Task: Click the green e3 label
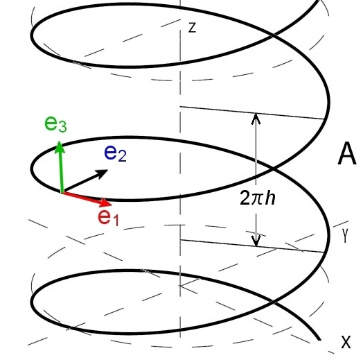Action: tap(55, 124)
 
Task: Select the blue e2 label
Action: tap(116, 153)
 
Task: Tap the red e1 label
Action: tap(108, 217)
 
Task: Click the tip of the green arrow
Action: tap(60, 142)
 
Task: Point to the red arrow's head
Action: tap(106, 203)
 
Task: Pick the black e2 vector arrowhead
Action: tap(103, 173)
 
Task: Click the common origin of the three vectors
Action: tap(62, 192)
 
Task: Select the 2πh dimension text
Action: tap(258, 198)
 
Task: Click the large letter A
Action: tap(347, 153)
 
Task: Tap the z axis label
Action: tap(192, 27)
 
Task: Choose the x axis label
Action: tap(346, 341)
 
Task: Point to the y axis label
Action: tap(345, 235)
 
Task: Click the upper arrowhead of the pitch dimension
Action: tap(256, 118)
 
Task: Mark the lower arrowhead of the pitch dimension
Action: tap(256, 242)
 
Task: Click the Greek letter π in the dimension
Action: tap(257, 199)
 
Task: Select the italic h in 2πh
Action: tap(270, 198)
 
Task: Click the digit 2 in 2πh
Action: tap(245, 198)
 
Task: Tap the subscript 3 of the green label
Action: tap(62, 127)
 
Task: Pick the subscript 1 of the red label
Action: tap(116, 220)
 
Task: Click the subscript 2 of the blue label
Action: tap(122, 156)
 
